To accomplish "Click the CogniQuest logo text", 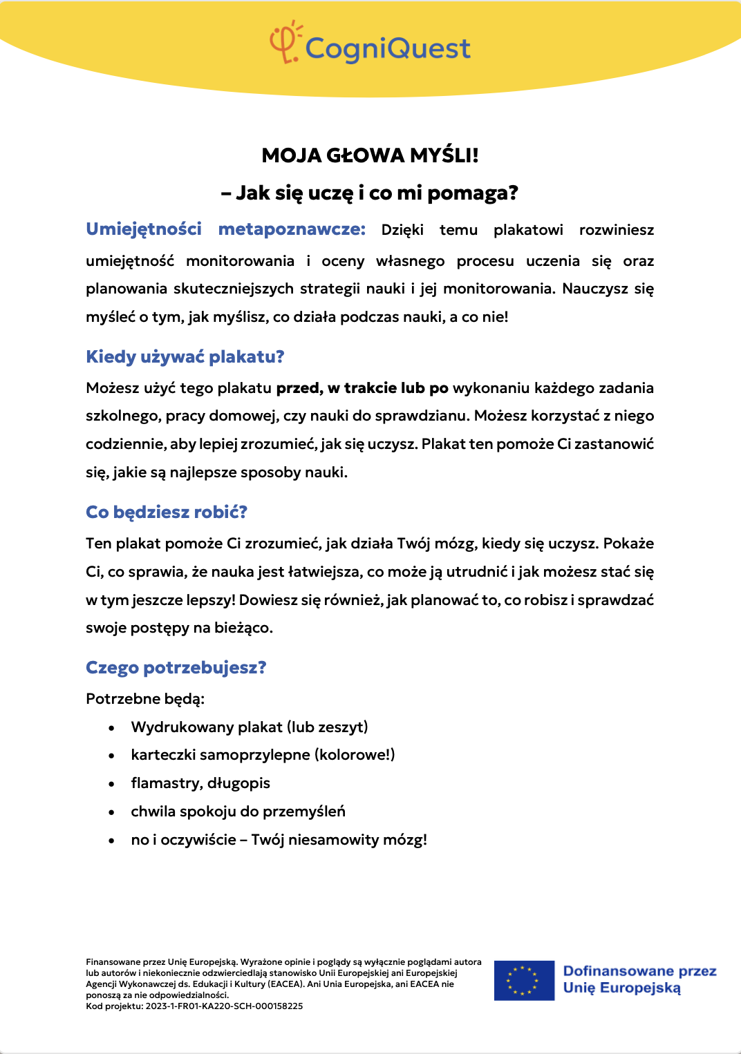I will pyautogui.click(x=388, y=49).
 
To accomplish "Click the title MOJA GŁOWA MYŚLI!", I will pyautogui.click(x=370, y=155).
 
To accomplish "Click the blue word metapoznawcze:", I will pyautogui.click(x=292, y=229).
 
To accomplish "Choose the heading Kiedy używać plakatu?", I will pyautogui.click(x=185, y=357).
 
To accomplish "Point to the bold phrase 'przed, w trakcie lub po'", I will pyautogui.click(x=362, y=388).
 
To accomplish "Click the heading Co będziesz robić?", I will pyautogui.click(x=167, y=512).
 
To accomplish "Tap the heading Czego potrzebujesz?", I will pyautogui.click(x=176, y=668).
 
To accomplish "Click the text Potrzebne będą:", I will pyautogui.click(x=145, y=699).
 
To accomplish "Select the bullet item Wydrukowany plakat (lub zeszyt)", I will pyautogui.click(x=250, y=727).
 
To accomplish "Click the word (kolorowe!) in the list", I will pyautogui.click(x=355, y=755).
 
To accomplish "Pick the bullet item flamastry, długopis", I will pyautogui.click(x=200, y=783).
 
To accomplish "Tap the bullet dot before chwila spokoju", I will pyautogui.click(x=111, y=812).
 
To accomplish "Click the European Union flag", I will pyautogui.click(x=524, y=980).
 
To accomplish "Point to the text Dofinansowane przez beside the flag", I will pyautogui.click(x=639, y=971).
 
